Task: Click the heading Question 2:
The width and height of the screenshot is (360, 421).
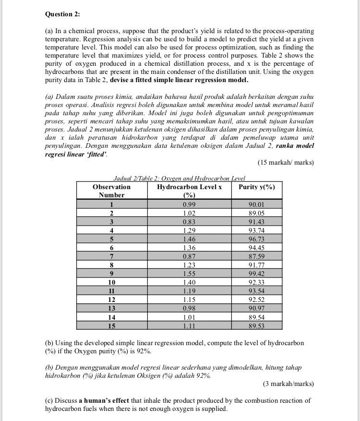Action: pos(62,14)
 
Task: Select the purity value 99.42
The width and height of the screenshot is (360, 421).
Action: pos(256,274)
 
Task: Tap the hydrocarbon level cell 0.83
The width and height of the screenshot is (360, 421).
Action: pos(189,222)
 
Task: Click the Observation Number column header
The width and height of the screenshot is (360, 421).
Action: pos(111,191)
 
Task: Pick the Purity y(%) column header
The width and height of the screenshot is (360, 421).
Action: pos(256,187)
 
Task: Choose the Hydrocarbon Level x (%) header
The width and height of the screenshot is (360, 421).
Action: pos(189,191)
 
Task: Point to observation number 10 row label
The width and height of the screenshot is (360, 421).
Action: pos(111,282)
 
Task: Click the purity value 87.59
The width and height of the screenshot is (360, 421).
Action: pos(256,256)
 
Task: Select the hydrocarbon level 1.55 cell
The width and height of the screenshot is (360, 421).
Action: pos(189,274)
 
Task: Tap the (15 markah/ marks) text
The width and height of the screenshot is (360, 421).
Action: pos(286,162)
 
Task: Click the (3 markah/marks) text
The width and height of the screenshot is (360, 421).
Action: pos(288,384)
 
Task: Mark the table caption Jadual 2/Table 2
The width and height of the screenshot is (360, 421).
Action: pos(179,178)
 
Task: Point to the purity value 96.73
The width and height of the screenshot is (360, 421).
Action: pos(256,239)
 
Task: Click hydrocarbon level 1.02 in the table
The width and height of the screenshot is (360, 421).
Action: pos(189,213)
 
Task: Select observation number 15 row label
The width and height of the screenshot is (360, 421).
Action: pos(111,325)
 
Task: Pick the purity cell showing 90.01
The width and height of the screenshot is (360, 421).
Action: pos(256,204)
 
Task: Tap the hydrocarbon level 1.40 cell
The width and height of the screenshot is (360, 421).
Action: pos(189,282)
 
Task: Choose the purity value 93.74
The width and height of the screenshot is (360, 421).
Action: pos(256,230)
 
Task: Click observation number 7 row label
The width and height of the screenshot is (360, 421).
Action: pos(111,256)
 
